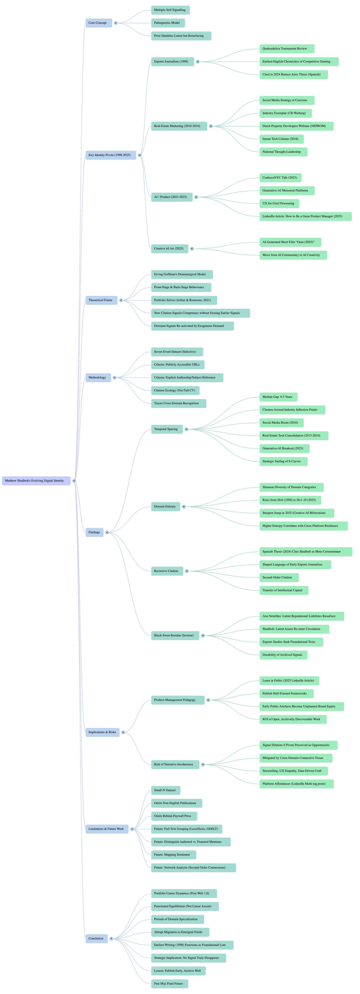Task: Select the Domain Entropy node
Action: (x=165, y=507)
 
